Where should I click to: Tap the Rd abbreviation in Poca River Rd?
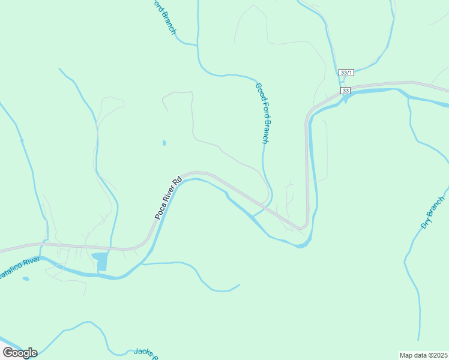click(176, 181)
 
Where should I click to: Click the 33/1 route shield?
click(346, 72)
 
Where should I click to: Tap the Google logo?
click(20, 352)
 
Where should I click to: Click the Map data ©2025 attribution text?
click(423, 355)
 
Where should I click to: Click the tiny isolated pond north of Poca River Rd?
click(164, 143)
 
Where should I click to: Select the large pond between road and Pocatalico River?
click(100, 261)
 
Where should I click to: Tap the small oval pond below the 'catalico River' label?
click(25, 278)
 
